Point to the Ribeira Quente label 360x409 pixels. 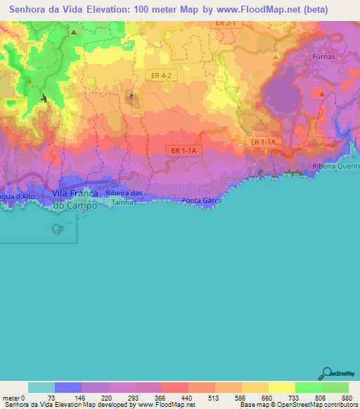click(336, 171)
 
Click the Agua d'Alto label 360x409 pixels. click(15, 195)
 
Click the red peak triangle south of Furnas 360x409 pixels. click(321, 93)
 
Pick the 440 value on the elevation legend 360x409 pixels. click(187, 397)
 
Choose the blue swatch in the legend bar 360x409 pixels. click(68, 387)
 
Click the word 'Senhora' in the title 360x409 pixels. click(33, 8)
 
